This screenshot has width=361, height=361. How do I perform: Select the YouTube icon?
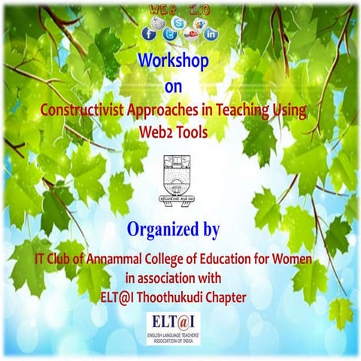[190, 34]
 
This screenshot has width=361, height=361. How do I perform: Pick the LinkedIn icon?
[211, 34]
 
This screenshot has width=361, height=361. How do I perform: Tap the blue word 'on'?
[173, 86]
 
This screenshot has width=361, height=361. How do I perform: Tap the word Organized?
[154, 228]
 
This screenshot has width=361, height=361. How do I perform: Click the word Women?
[299, 259]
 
